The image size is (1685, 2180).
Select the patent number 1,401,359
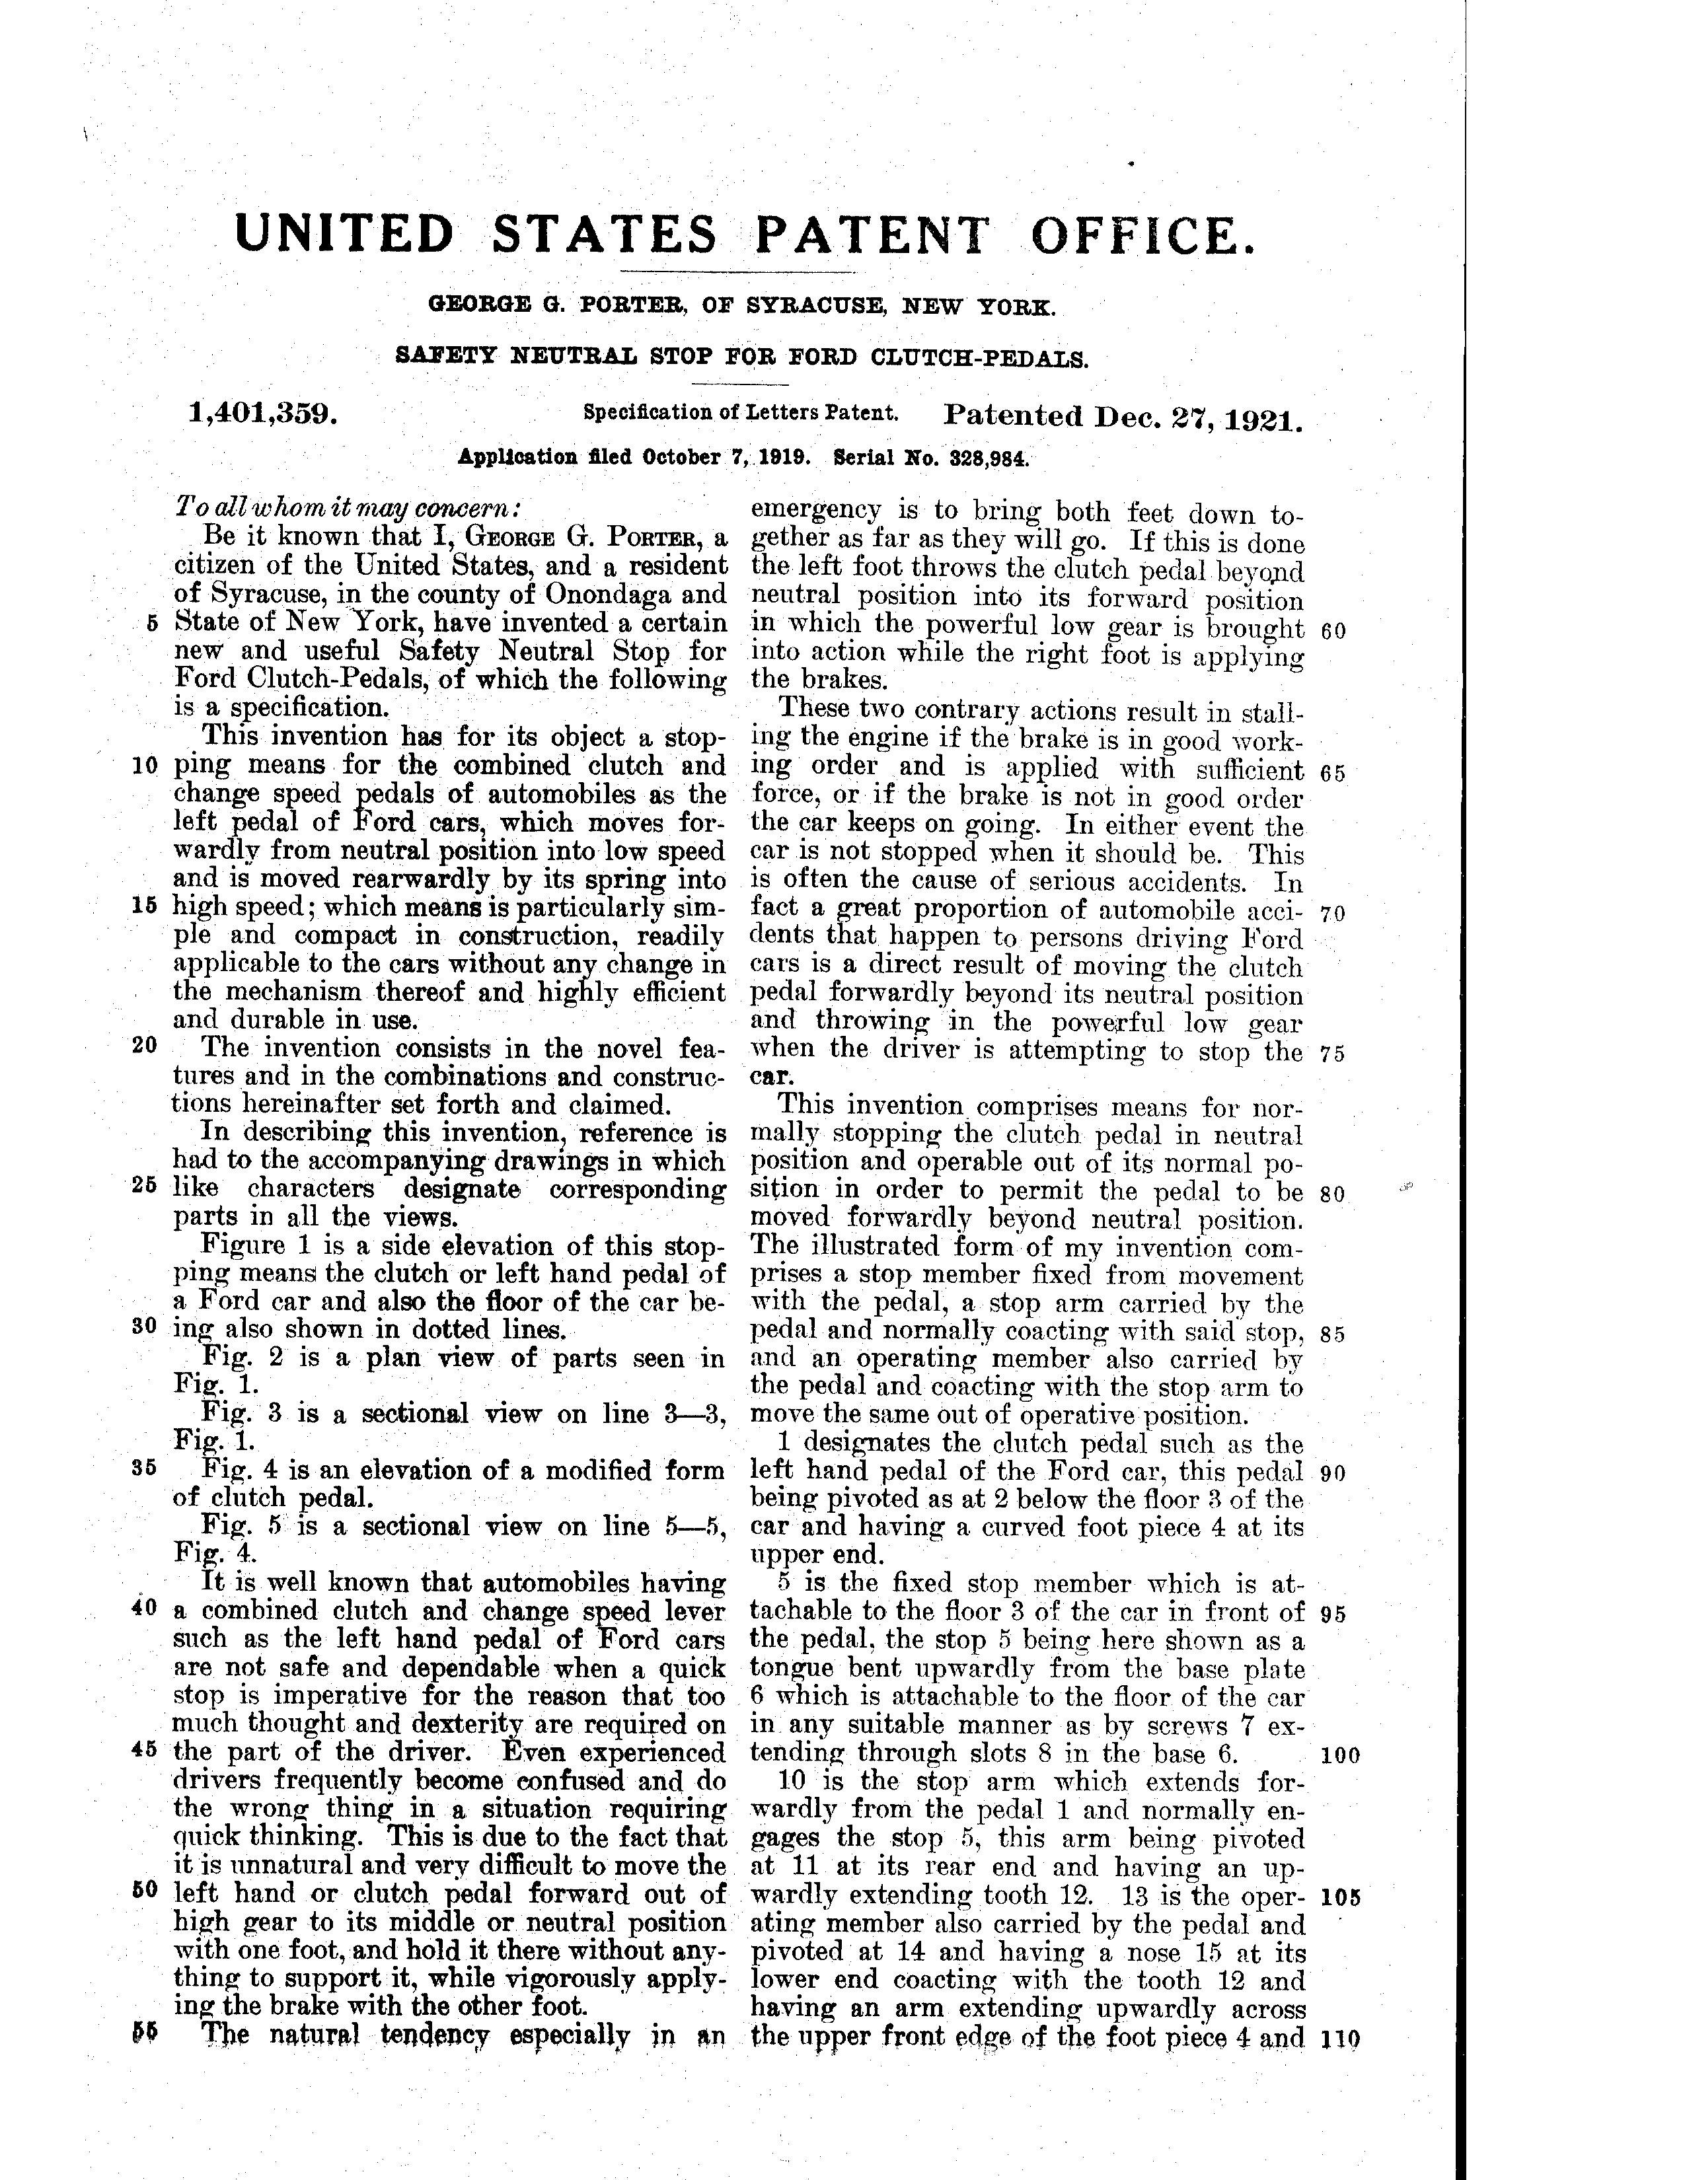262,414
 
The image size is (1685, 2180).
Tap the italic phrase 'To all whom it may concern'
348,507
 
